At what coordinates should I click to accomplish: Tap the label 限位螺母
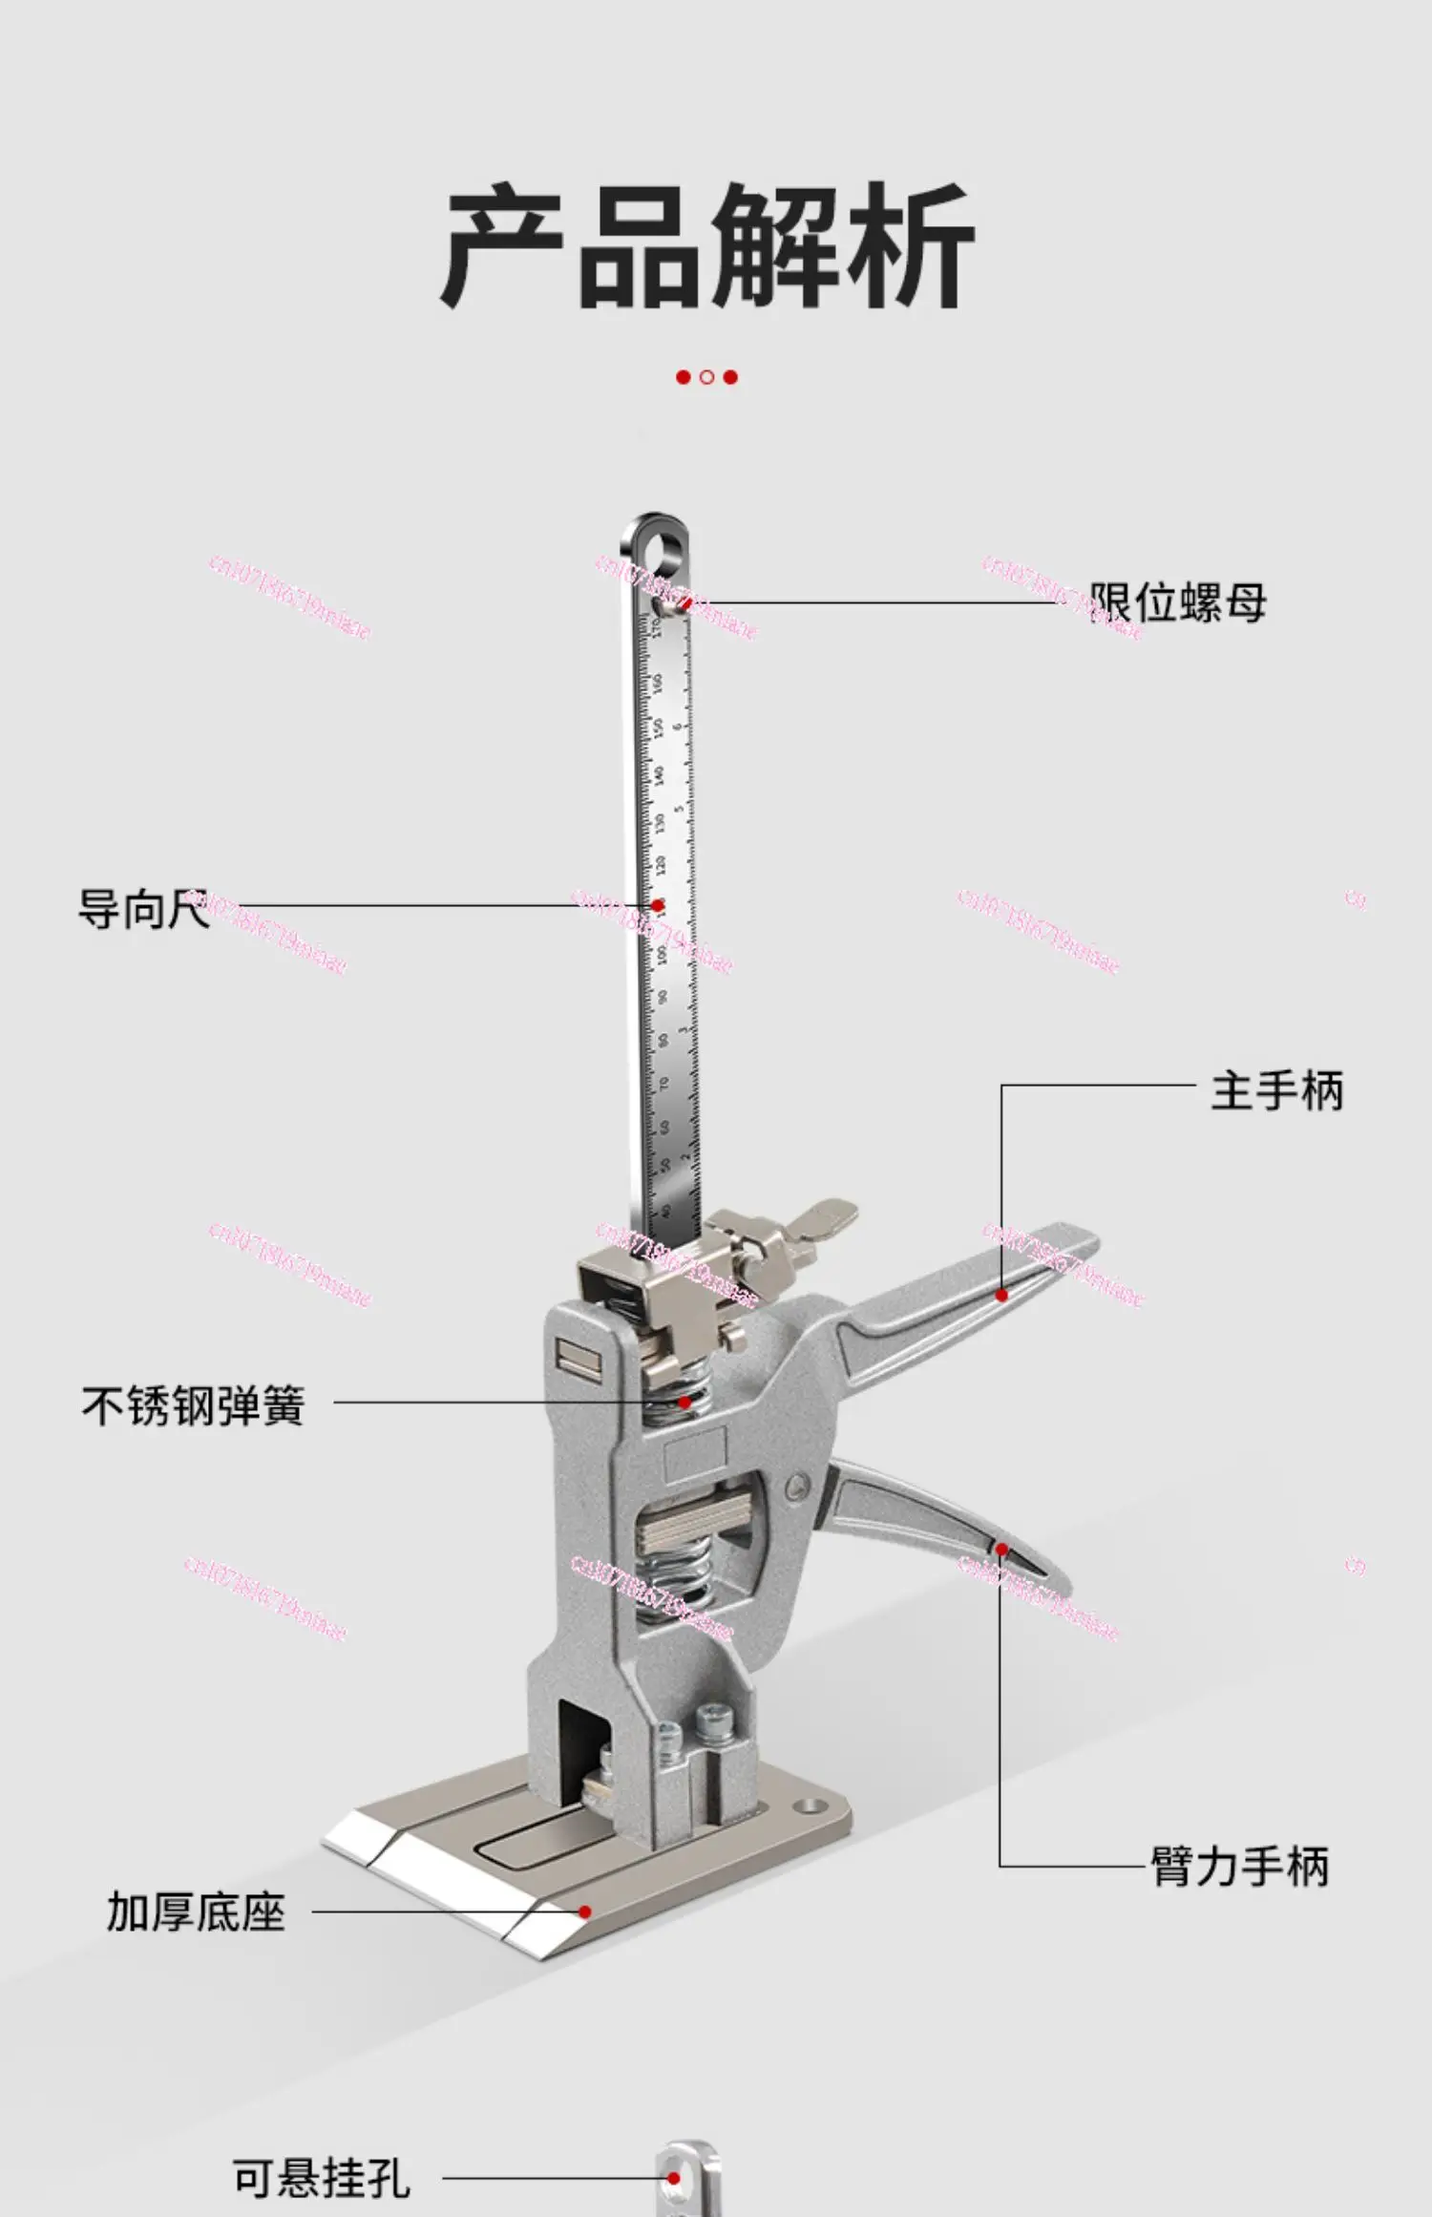[1178, 602]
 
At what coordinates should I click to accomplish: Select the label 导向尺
[143, 908]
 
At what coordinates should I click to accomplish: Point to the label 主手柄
[1276, 1090]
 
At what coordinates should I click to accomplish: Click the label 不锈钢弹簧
[193, 1406]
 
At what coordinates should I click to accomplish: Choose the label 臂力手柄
[1239, 1866]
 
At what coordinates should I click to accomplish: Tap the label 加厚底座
[196, 1912]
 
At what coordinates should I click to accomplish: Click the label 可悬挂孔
[322, 2178]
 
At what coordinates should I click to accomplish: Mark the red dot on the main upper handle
[1001, 1295]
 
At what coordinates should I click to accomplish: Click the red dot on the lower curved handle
[1000, 1549]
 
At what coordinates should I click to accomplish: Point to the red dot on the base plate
[584, 1911]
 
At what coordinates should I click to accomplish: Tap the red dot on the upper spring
[684, 1402]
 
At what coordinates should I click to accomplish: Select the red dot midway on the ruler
[658, 905]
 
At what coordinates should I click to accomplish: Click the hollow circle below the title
[706, 377]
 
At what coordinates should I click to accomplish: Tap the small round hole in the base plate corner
[812, 1806]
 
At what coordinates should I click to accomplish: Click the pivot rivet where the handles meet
[798, 1485]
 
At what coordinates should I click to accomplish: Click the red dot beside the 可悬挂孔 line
[674, 2178]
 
